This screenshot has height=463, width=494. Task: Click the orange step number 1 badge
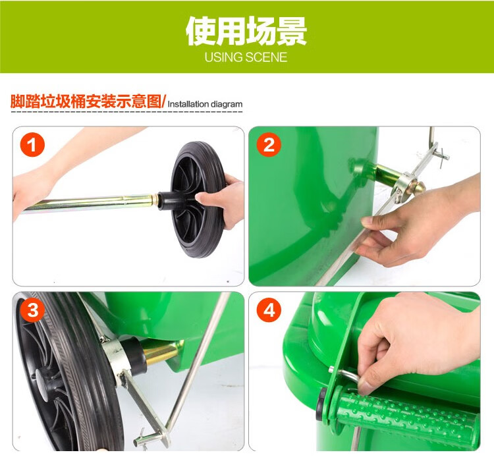tap(32, 145)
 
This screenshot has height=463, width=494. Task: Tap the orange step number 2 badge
tap(269, 145)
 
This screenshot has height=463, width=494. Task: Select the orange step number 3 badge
tap(32, 310)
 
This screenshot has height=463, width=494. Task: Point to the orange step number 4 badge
tap(269, 310)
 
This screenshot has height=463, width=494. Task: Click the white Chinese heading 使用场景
tap(246, 31)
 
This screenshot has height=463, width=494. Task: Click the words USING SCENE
tap(246, 57)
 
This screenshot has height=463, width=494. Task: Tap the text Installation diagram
tap(205, 104)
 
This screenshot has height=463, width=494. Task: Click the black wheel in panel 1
tap(198, 200)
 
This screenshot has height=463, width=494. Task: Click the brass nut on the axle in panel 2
tap(418, 188)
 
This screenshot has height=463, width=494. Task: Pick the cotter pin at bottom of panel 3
tap(144, 439)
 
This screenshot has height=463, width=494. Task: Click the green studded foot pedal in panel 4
tap(406, 415)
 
